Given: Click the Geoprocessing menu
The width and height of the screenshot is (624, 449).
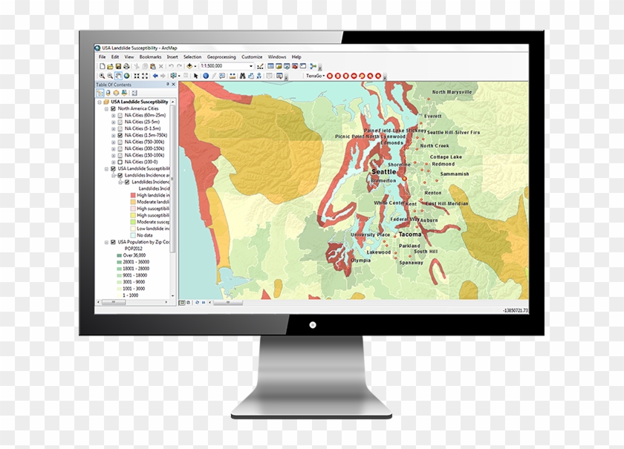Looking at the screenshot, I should tap(221, 56).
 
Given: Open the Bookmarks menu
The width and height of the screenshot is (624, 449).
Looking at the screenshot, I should tap(150, 56).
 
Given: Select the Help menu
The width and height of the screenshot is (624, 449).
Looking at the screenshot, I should tap(296, 56).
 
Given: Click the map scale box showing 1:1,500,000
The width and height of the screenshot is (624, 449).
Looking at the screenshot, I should tap(227, 66).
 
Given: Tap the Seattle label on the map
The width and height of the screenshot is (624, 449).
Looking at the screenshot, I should tap(384, 171).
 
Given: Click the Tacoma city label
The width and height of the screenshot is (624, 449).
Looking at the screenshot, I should tap(409, 234).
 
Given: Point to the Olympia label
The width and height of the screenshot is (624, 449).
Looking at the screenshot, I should tap(360, 260).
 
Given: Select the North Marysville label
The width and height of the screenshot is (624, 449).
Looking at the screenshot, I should tap(452, 92).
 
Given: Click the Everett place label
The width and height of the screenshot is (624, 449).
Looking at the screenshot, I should tap(433, 116).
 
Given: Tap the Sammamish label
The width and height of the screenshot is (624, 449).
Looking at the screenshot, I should tap(455, 174).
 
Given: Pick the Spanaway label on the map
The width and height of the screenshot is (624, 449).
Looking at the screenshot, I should tap(412, 262).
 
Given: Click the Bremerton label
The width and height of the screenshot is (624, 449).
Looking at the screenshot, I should tap(383, 180).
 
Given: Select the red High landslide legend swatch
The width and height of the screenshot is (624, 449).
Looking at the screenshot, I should tap(131, 195).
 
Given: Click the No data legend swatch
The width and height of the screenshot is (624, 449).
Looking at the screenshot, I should tap(131, 235).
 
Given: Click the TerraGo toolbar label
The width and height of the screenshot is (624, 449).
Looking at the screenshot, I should tap(315, 76).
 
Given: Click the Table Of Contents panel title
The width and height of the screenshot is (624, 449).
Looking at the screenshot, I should tap(114, 85).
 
